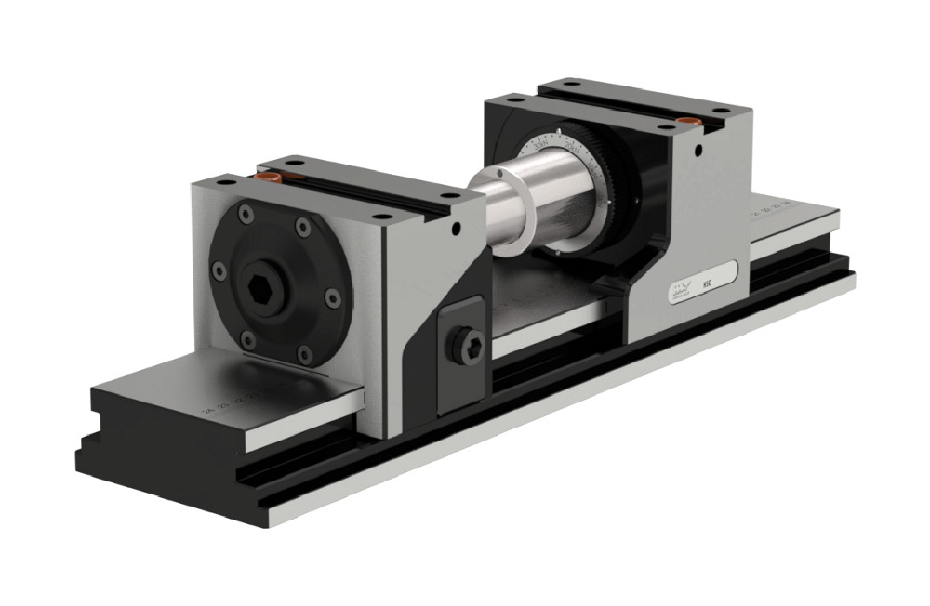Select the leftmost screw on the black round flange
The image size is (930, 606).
(219, 270)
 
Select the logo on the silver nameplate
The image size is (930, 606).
(680, 290)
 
